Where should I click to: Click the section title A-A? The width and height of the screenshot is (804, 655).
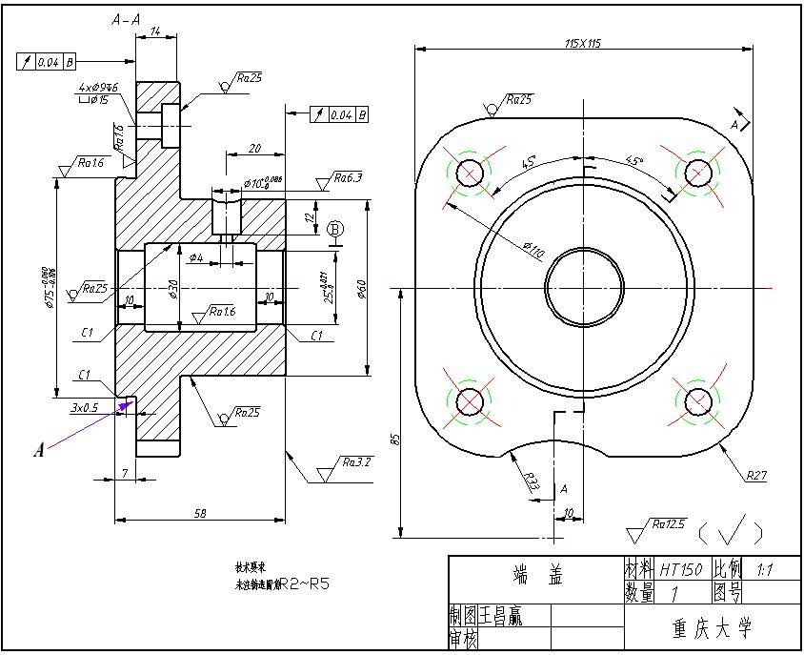point(127,19)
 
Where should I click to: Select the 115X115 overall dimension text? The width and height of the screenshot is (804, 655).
point(582,43)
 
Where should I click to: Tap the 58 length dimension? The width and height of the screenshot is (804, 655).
point(200,513)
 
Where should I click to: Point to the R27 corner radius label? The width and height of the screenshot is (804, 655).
point(756,474)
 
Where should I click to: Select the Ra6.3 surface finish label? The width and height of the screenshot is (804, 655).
point(349,177)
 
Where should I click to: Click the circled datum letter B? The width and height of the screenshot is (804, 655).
point(335,229)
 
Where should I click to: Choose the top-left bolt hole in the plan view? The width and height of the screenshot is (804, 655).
point(470,173)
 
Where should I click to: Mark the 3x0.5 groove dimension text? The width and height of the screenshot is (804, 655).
point(85,408)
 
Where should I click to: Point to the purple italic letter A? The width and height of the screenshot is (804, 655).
point(39,450)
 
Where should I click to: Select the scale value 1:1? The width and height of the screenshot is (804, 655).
point(764,569)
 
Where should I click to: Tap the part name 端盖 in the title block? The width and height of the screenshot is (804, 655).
point(536,575)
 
